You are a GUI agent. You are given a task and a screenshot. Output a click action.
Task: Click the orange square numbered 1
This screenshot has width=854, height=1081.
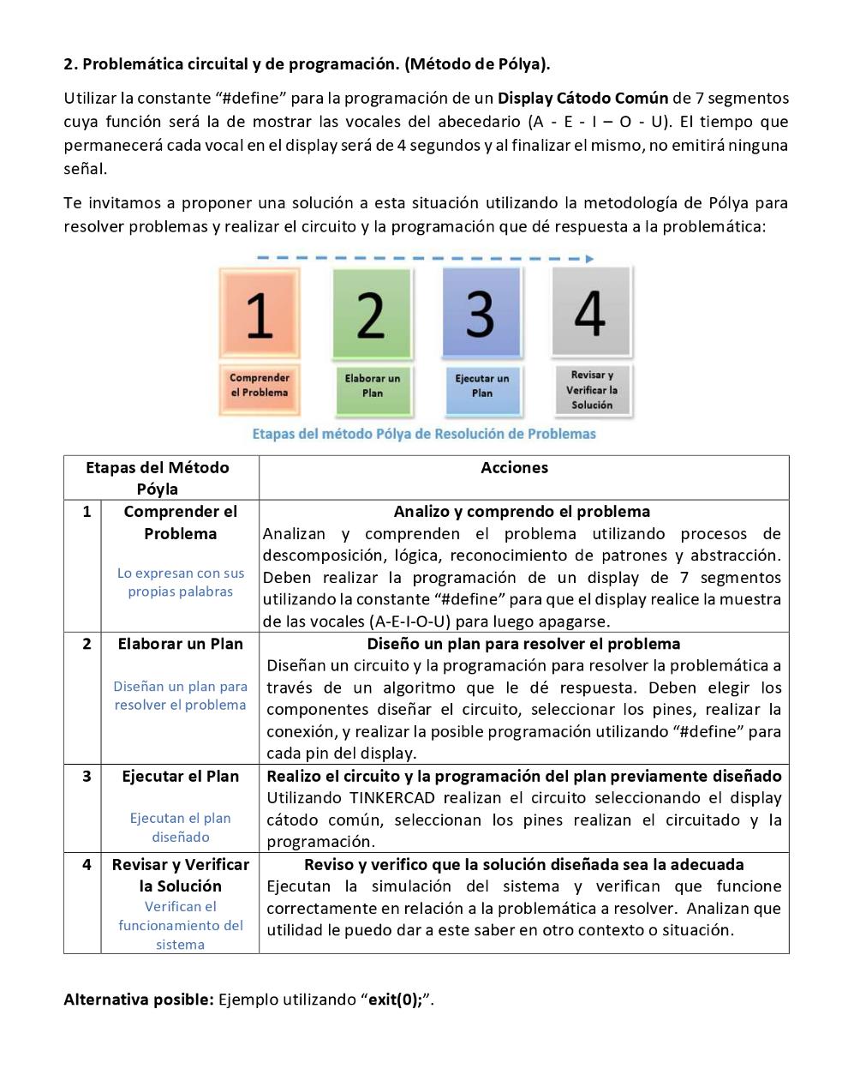260,313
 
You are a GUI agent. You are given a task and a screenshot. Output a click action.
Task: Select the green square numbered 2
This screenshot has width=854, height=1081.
371,314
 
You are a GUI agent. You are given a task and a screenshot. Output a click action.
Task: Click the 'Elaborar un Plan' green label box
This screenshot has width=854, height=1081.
372,386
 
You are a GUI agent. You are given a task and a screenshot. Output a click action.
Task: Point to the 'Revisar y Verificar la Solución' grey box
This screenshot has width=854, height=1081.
592,390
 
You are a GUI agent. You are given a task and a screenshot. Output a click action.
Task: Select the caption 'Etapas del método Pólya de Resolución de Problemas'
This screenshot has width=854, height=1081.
424,434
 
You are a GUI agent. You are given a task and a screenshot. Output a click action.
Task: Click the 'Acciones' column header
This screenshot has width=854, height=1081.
514,468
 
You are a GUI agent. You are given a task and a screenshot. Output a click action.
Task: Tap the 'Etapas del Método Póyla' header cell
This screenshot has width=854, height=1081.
158,478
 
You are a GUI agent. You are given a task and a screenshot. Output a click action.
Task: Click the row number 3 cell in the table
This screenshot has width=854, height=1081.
87,777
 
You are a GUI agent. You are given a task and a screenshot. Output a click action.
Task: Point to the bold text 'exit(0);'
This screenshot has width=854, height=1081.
395,1000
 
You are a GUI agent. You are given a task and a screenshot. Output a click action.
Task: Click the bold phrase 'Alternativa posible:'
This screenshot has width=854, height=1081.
139,1000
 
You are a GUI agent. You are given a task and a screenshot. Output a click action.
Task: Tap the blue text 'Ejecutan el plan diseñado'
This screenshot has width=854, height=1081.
180,827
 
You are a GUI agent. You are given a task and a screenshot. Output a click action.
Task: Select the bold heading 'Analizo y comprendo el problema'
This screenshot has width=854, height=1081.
522,512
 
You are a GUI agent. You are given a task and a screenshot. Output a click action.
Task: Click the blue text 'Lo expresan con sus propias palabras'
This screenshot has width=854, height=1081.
180,582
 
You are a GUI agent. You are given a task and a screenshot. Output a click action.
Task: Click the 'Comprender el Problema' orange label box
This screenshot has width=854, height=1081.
260,386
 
